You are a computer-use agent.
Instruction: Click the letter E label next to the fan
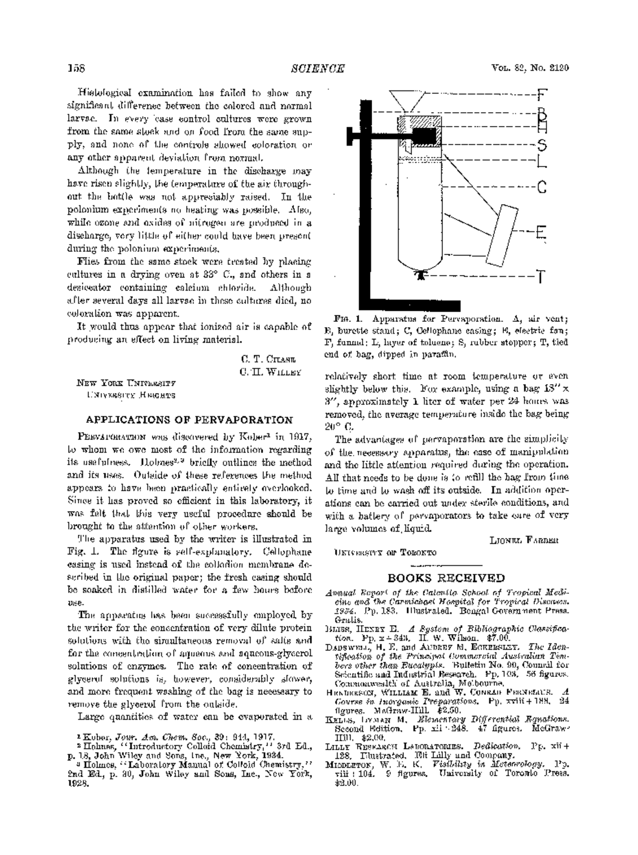tap(541, 232)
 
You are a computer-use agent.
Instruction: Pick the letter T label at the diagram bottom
tap(541, 277)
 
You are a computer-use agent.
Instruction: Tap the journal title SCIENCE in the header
tap(318, 68)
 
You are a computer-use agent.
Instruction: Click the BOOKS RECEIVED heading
tap(446, 578)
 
